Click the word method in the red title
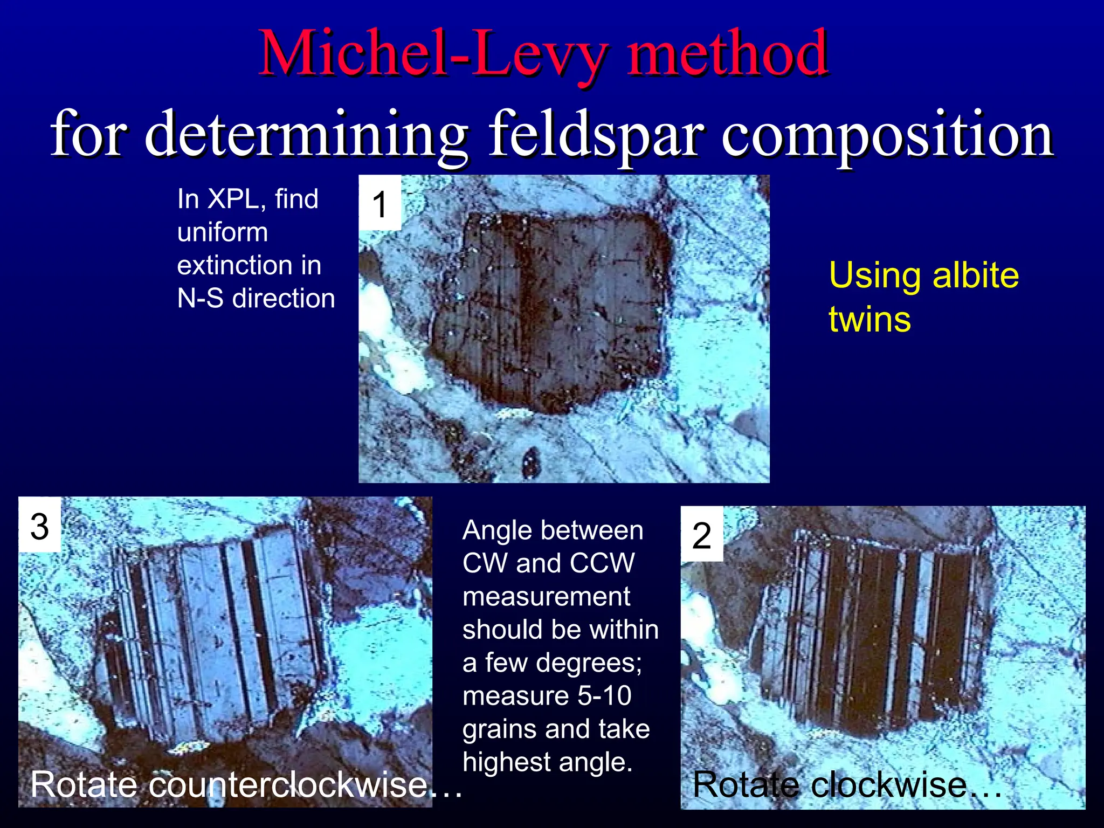(x=727, y=54)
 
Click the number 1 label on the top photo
(x=380, y=205)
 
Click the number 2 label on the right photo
(x=701, y=536)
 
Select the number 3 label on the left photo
(x=40, y=526)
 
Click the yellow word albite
(x=976, y=275)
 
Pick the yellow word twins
(x=870, y=319)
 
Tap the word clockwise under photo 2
(x=889, y=784)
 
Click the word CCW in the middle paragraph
(x=602, y=563)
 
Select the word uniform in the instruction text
(x=223, y=232)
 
